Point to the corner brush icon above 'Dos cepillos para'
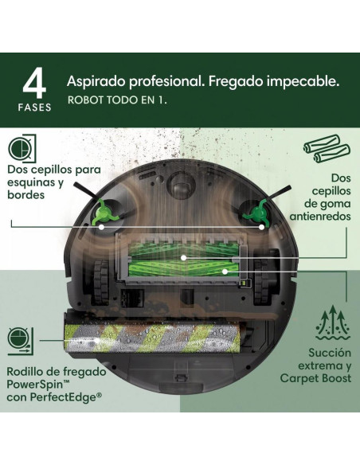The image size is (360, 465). click(x=22, y=149)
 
